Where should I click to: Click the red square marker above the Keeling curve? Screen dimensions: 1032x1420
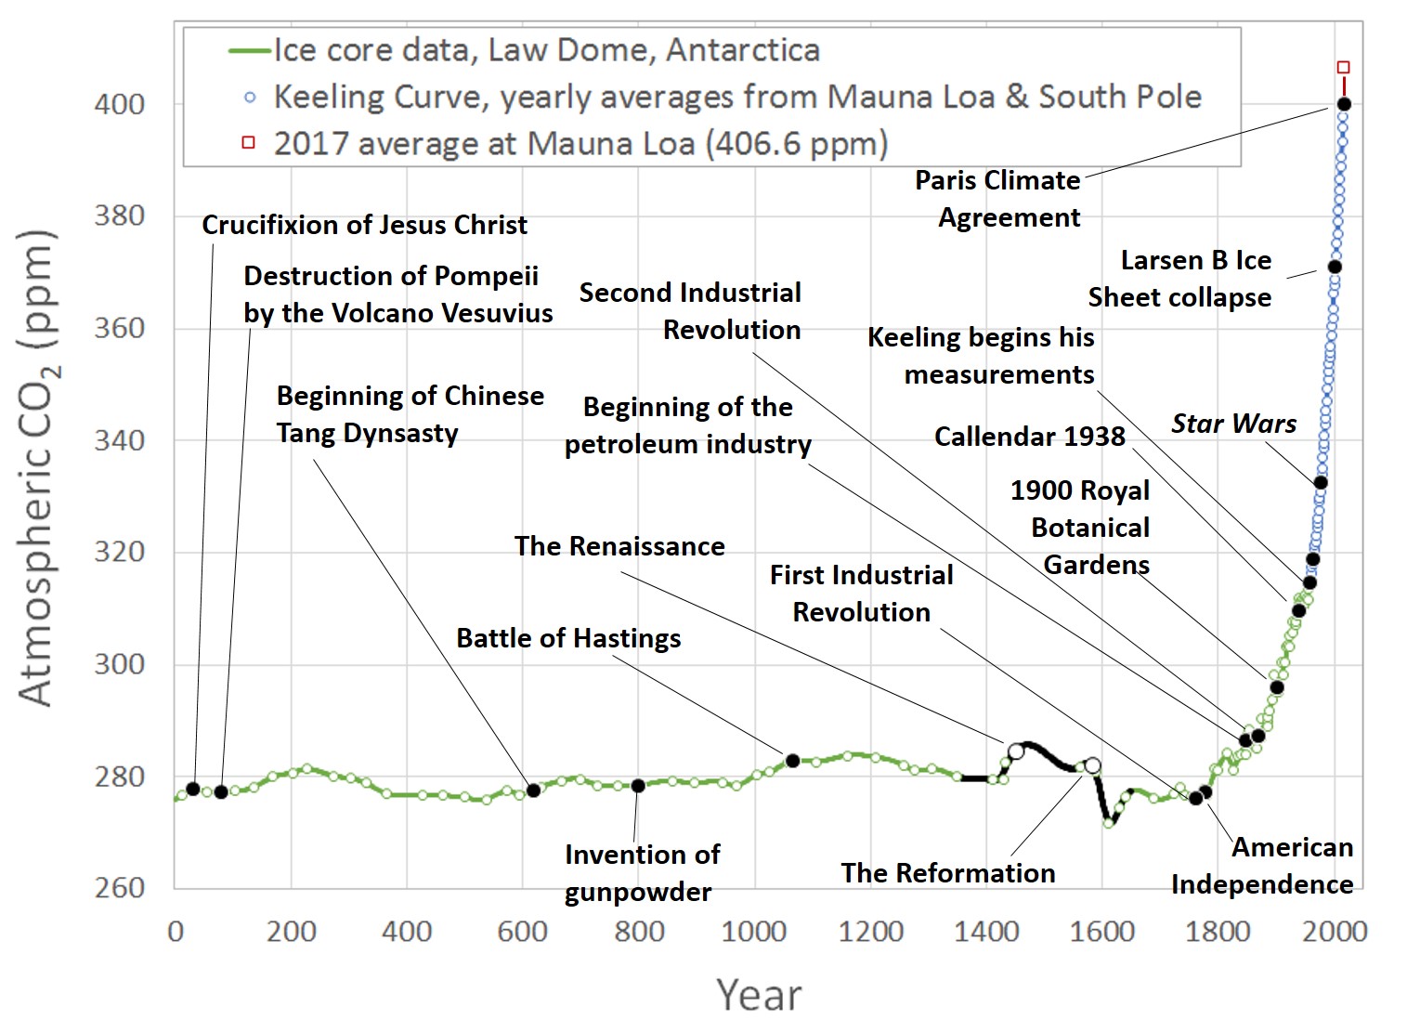click(1343, 68)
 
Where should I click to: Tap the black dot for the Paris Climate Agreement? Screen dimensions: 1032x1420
click(1344, 104)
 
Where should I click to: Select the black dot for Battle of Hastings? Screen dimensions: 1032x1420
click(793, 761)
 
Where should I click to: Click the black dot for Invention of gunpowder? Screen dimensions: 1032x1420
click(638, 786)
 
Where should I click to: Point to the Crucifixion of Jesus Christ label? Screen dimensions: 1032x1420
click(364, 226)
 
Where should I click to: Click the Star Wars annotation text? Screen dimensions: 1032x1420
click(1233, 425)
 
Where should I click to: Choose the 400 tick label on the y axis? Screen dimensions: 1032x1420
click(120, 104)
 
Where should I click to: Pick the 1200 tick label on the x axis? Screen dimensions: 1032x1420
click(870, 931)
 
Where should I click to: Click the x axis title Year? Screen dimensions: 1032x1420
click(758, 995)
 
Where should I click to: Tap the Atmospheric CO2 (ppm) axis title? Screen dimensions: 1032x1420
click(37, 467)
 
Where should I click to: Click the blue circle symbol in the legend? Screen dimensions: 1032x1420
click(249, 97)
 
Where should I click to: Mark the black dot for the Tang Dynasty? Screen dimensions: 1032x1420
click(533, 790)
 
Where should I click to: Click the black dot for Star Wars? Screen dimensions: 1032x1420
click(1321, 482)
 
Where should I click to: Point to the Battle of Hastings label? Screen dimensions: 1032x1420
click(568, 639)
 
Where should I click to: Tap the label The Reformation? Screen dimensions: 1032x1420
click(948, 874)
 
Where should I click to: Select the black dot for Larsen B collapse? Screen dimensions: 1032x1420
click(1335, 268)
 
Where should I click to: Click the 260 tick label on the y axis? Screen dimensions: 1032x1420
click(120, 888)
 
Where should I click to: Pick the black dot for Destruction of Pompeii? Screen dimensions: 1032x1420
click(221, 792)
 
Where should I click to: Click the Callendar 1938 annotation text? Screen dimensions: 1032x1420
click(1029, 437)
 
